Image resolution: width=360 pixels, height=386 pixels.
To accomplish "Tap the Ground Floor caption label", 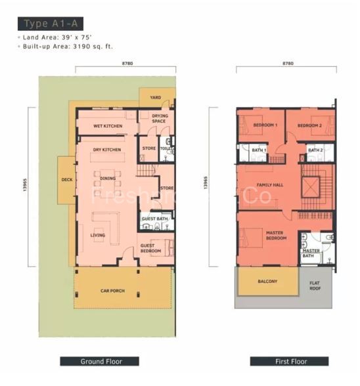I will [100, 361].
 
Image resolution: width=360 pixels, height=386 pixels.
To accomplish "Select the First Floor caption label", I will [288, 361].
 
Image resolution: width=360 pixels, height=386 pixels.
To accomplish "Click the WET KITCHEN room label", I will [108, 125].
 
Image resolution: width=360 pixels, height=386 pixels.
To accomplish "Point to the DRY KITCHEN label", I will [106, 150].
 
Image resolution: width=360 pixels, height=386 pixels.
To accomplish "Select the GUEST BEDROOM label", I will [152, 249].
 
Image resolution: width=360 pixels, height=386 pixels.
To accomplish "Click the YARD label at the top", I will [156, 97].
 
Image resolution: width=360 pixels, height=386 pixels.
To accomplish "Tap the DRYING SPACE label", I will [160, 118].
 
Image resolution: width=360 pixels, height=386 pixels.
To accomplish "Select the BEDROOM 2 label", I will [309, 125].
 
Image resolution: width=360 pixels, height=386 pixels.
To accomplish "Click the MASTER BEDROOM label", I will [276, 236].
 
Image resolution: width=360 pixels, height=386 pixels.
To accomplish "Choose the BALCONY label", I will [267, 282].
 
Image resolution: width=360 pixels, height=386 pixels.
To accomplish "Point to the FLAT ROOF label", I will [316, 286].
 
